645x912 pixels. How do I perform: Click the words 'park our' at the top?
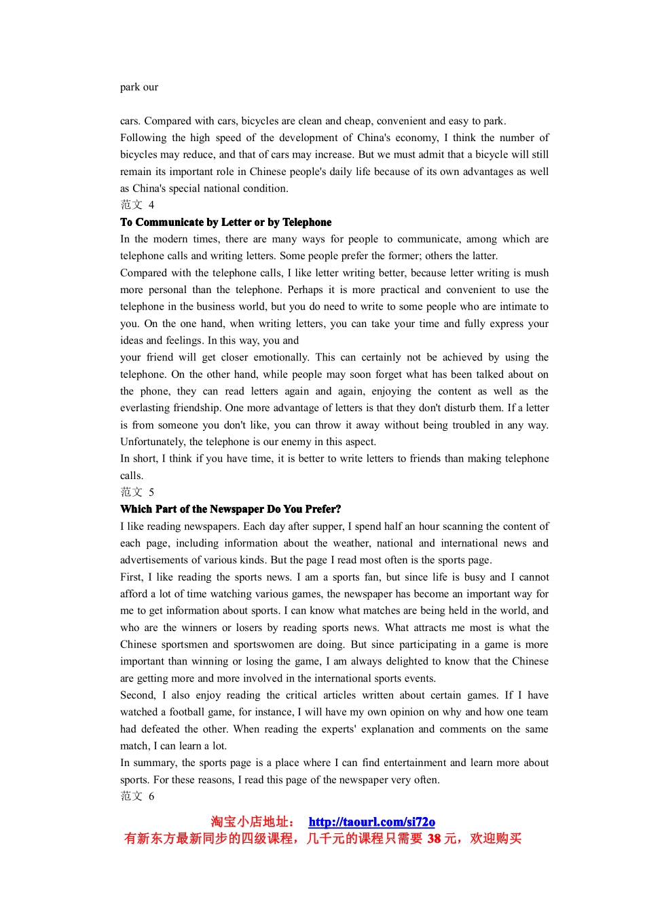[139, 87]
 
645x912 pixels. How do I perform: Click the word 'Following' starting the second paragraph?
[143, 138]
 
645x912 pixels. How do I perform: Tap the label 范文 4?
[137, 205]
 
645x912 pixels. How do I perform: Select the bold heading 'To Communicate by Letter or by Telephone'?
[225, 222]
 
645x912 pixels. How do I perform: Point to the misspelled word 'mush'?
[536, 273]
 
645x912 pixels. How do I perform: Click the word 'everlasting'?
[145, 408]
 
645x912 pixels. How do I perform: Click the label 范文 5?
[137, 492]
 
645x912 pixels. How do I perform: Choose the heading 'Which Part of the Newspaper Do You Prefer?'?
[230, 509]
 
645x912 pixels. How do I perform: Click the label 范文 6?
[137, 796]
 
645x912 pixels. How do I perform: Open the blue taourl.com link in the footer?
[371, 822]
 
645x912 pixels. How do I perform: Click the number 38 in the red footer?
[434, 839]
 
